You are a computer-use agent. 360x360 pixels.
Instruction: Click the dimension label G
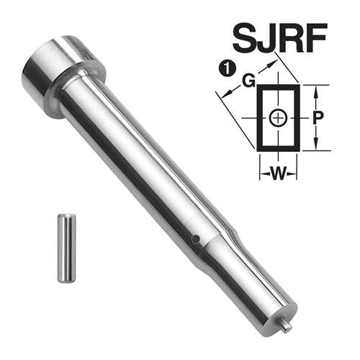247,82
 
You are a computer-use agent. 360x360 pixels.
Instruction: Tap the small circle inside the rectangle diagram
277,117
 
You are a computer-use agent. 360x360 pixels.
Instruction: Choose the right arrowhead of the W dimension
293,173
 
